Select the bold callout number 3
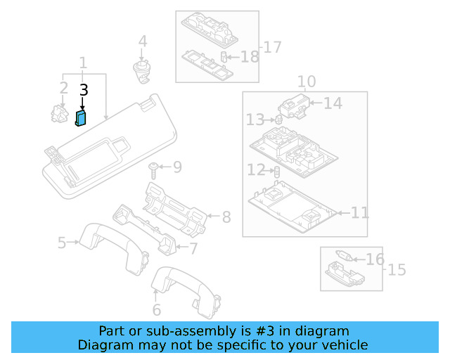click(x=84, y=90)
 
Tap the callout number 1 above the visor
click(x=83, y=63)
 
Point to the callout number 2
click(x=63, y=89)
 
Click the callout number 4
click(x=143, y=41)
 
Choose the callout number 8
click(x=226, y=217)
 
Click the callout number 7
click(x=193, y=247)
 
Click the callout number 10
click(x=306, y=82)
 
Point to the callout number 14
click(x=333, y=103)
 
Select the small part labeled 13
click(x=278, y=120)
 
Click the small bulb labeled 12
click(x=276, y=171)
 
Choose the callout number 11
click(x=359, y=212)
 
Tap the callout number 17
click(x=271, y=47)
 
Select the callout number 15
click(x=397, y=269)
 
